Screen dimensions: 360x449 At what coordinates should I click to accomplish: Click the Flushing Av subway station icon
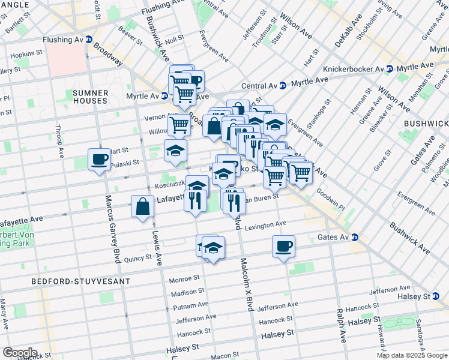[x=89, y=40]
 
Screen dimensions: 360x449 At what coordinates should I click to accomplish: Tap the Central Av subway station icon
[x=282, y=85]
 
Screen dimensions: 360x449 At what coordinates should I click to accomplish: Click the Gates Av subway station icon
[x=355, y=238]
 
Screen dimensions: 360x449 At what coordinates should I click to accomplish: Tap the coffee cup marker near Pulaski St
[x=99, y=160]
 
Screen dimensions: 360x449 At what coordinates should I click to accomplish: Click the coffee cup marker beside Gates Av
[x=283, y=245]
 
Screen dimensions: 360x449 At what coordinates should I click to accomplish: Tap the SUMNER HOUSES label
[x=91, y=97]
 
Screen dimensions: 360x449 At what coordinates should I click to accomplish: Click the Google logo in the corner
[x=20, y=352]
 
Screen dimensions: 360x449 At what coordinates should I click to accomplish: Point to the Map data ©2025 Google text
[x=411, y=355]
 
